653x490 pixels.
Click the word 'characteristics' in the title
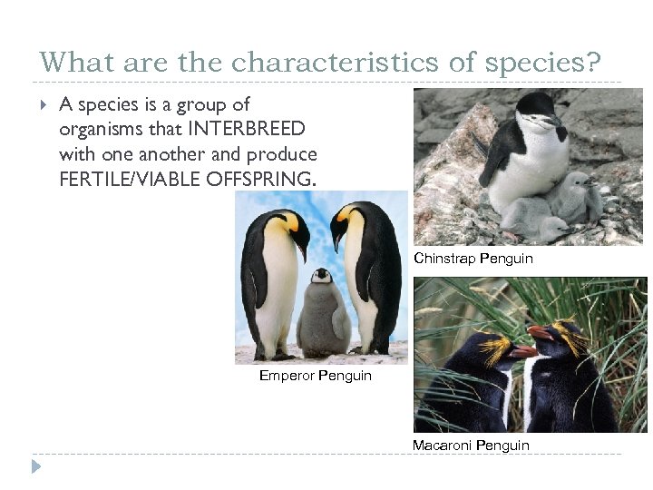pos(353,63)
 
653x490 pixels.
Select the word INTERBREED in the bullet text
pos(248,129)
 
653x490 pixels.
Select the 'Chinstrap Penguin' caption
pos(473,259)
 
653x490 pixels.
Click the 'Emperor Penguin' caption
pos(315,375)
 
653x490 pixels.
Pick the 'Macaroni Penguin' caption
pos(471,445)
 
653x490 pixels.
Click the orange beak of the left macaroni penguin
pos(523,351)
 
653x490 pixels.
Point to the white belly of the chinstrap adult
pos(535,168)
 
